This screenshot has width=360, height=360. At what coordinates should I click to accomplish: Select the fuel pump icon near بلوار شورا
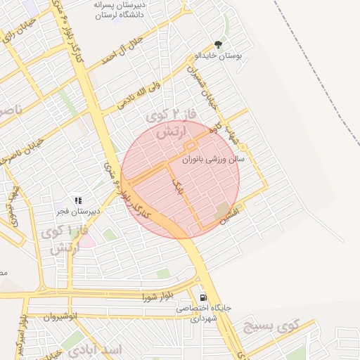[203, 297]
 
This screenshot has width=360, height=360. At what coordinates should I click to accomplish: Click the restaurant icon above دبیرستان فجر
[78, 200]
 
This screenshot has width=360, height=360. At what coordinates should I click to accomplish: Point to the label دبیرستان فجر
[78, 210]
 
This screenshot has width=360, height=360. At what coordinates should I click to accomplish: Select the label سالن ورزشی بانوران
[213, 160]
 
